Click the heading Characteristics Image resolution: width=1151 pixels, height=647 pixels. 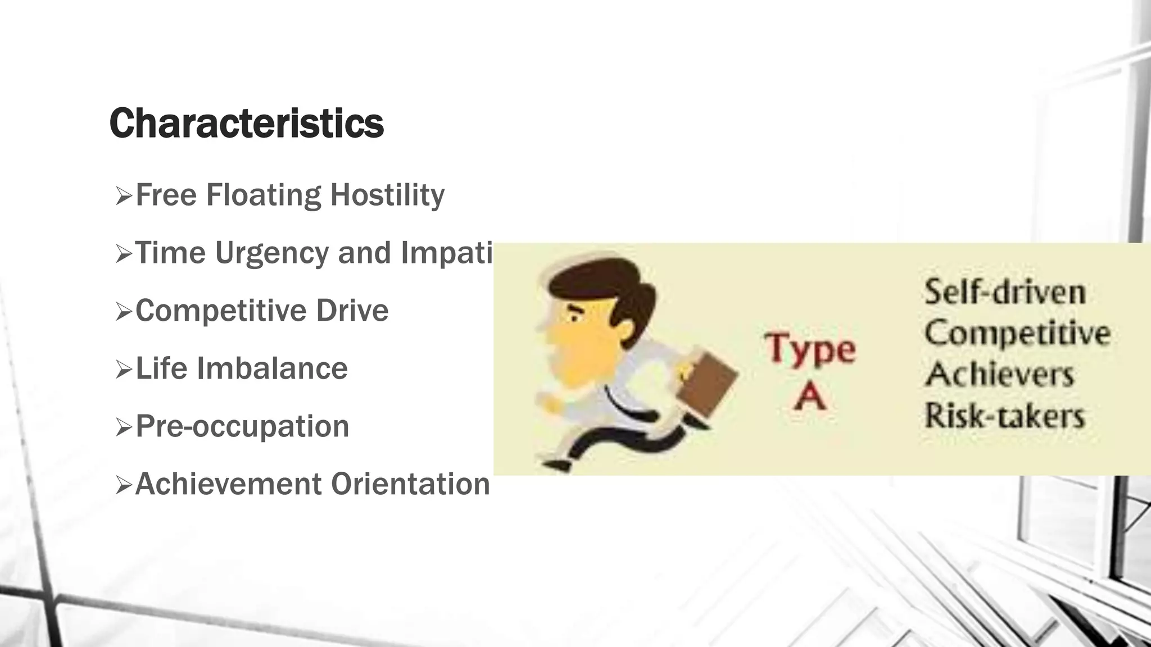tap(246, 123)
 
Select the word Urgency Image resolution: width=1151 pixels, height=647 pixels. tap(272, 253)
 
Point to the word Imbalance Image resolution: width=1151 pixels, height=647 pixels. tap(272, 368)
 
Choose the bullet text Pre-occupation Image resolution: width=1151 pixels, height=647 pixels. tap(242, 426)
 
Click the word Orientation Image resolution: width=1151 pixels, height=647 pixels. tap(410, 484)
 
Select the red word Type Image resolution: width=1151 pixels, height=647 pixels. tap(810, 349)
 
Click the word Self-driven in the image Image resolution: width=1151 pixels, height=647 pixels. tap(1004, 292)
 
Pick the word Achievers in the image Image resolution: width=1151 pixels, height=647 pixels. tap(999, 374)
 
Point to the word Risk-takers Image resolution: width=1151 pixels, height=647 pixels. tap(1004, 416)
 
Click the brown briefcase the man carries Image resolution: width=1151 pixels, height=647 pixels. tap(706, 384)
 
